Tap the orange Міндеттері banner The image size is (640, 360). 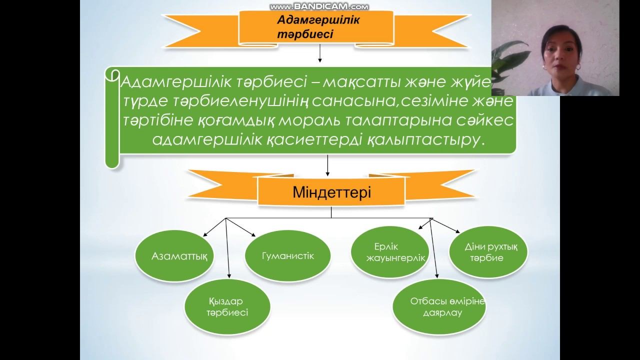(x=331, y=193)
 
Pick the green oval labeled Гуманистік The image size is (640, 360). (x=287, y=256)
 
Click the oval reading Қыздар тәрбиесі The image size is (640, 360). (x=227, y=307)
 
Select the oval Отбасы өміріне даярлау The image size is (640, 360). (x=439, y=306)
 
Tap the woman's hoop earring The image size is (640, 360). (x=578, y=66)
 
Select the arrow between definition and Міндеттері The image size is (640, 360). (x=327, y=165)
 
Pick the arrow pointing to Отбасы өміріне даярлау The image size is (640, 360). (x=434, y=250)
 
